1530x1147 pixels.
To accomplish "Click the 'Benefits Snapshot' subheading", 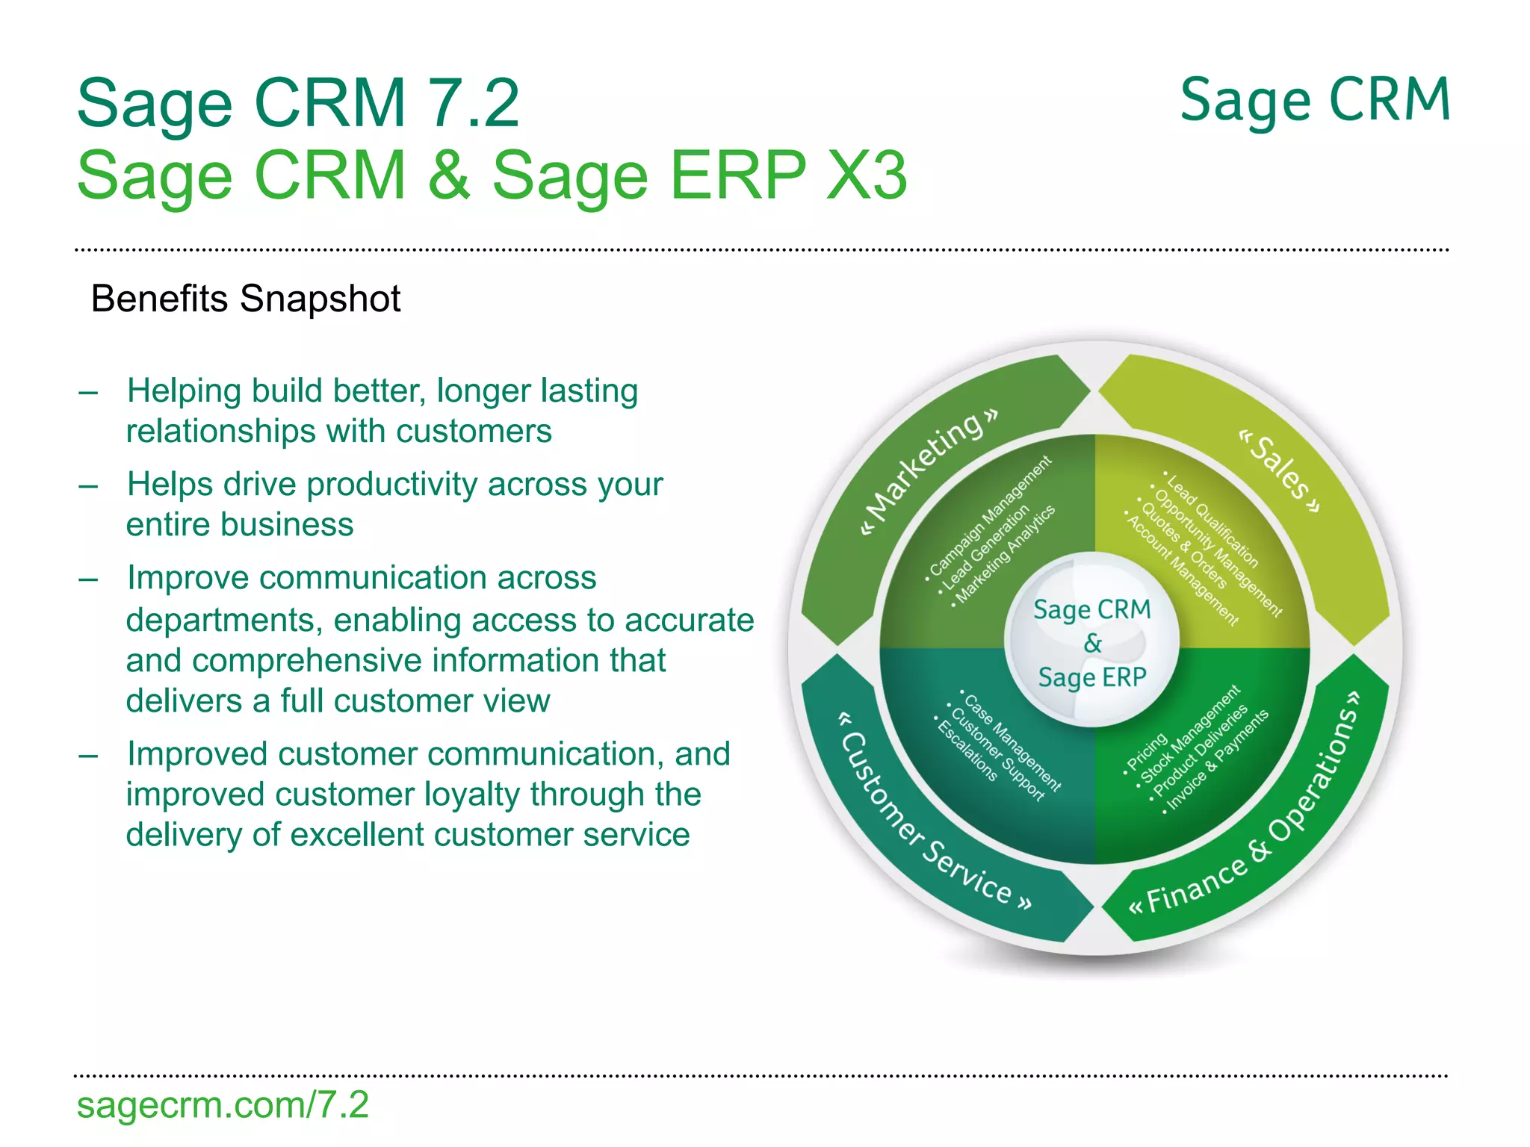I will pyautogui.click(x=245, y=299).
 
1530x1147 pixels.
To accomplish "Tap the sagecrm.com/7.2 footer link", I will pyautogui.click(x=223, y=1104).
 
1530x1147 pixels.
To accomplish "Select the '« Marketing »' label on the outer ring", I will pyautogui.click(x=930, y=471).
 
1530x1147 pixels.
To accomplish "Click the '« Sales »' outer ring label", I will pyautogui.click(x=1280, y=470).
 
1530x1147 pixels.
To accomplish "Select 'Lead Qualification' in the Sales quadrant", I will pyautogui.click(x=1211, y=520).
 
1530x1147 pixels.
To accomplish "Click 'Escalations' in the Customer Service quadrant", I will pyautogui.click(x=966, y=750).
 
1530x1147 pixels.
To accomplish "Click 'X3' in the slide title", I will pyautogui.click(x=867, y=175).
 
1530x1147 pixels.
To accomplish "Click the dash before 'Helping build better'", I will pyautogui.click(x=88, y=393).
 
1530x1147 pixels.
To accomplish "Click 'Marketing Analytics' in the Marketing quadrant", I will pyautogui.click(x=1005, y=553).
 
